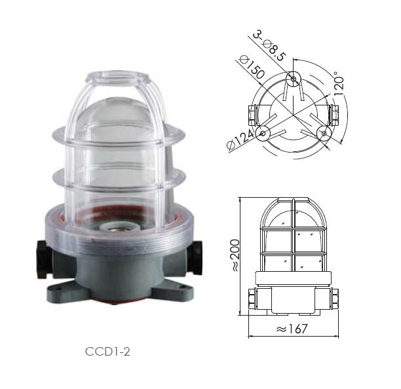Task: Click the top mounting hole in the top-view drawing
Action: coord(294,80)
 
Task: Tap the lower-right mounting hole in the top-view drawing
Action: coord(323,133)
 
